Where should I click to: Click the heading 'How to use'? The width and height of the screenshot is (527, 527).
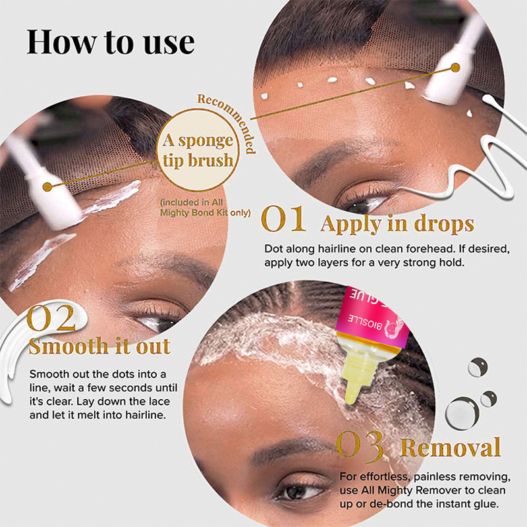(x=111, y=42)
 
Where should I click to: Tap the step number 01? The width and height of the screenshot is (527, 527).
(x=284, y=219)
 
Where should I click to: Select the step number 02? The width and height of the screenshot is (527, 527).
(x=51, y=318)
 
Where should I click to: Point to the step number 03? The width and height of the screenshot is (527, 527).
(x=360, y=446)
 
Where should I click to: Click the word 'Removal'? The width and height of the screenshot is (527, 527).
(x=451, y=447)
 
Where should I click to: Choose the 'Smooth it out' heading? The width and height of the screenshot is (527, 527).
(x=99, y=347)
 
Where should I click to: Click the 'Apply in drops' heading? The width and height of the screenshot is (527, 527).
(x=397, y=224)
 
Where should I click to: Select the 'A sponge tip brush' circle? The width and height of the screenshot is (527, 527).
(x=198, y=150)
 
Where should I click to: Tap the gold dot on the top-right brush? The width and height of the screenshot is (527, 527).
(x=455, y=68)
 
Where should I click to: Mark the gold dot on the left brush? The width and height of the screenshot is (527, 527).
(x=47, y=187)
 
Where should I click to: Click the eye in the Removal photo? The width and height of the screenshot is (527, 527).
(x=298, y=491)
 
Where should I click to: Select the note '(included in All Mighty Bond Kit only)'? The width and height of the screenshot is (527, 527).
(x=206, y=208)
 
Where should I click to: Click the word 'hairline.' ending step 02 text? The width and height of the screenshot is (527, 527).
(x=146, y=415)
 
